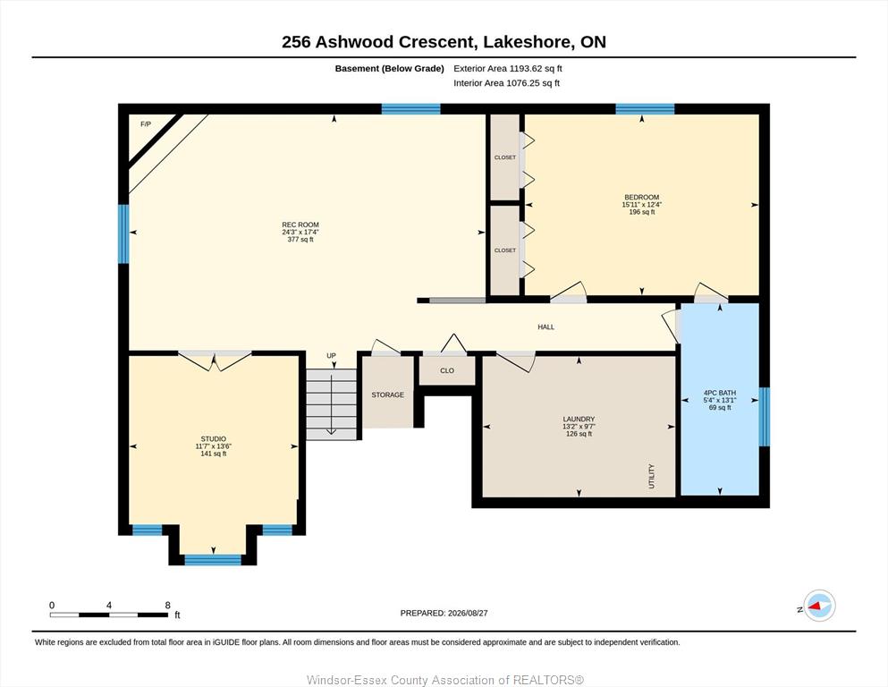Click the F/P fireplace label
[x=146, y=124]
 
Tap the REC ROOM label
[x=300, y=225]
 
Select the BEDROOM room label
[x=642, y=198]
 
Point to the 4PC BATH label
[x=720, y=393]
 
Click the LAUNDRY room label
[x=579, y=420]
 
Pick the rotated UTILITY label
[x=651, y=476]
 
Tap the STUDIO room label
[x=214, y=439]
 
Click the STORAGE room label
[x=388, y=394]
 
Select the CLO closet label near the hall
[x=447, y=370]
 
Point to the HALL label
[x=545, y=327]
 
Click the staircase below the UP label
[x=331, y=403]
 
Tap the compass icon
[x=819, y=606]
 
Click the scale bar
[x=109, y=615]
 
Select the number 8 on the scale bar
[x=167, y=605]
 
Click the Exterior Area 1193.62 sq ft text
[x=507, y=69]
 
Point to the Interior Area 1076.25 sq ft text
[x=506, y=82]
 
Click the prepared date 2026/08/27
[x=468, y=613]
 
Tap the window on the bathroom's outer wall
[x=764, y=417]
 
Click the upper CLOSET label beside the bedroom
[x=505, y=157]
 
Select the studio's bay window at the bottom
[x=213, y=560]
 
